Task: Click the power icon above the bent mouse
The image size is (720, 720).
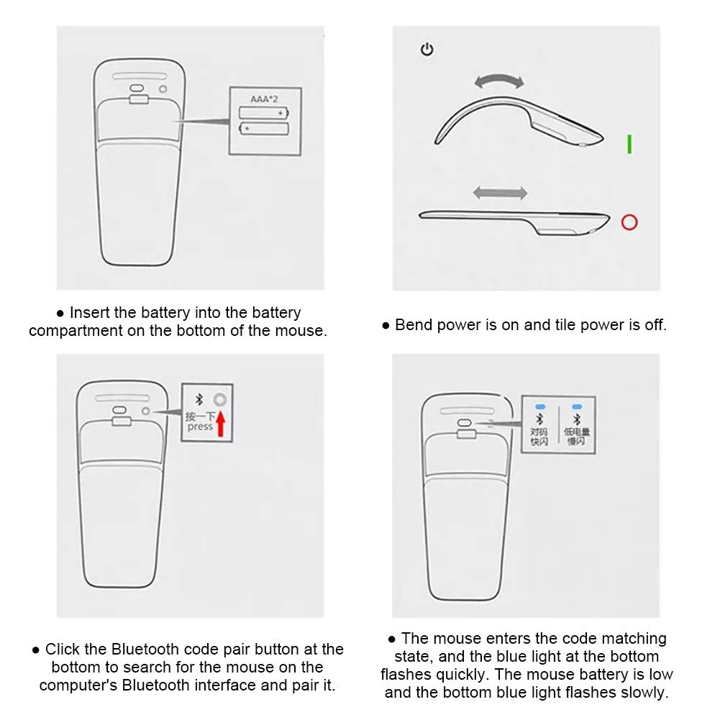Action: [x=427, y=50]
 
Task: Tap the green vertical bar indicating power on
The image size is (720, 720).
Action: [x=629, y=144]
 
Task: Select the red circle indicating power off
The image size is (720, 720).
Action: [x=629, y=222]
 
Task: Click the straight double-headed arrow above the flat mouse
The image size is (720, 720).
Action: [x=500, y=193]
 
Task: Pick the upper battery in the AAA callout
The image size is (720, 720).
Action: [x=263, y=113]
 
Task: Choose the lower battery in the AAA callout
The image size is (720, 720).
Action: [x=263, y=129]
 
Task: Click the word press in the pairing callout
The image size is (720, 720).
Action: [x=200, y=427]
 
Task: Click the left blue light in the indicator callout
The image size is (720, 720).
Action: [x=539, y=407]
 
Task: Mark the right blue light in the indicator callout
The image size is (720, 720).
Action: [x=576, y=407]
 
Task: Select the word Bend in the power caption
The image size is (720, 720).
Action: [x=412, y=325]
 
